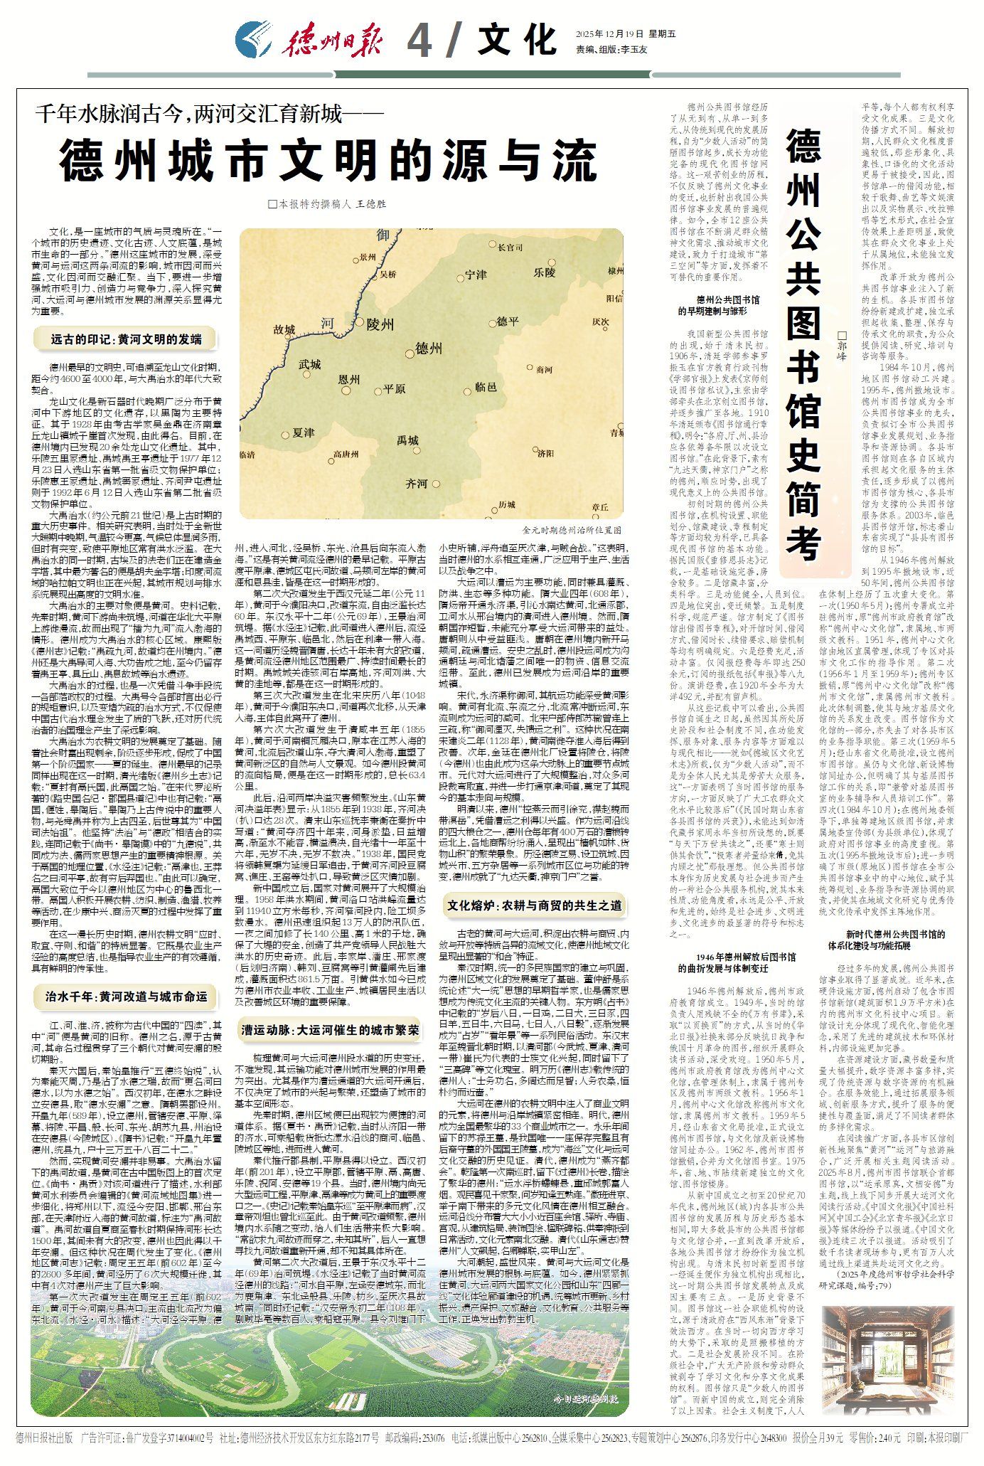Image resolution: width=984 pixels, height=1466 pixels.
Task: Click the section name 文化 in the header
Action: click(x=516, y=39)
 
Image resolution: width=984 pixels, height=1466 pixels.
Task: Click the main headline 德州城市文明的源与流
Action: click(x=328, y=161)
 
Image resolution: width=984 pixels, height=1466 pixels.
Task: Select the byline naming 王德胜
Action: click(x=328, y=203)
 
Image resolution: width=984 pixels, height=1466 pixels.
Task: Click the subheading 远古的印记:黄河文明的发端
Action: click(x=126, y=339)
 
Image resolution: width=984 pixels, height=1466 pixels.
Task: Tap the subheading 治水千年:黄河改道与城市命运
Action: click(x=126, y=997)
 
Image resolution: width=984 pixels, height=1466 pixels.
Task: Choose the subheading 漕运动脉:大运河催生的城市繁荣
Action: click(x=329, y=1031)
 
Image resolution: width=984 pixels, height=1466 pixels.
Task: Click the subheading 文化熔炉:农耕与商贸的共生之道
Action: click(x=534, y=905)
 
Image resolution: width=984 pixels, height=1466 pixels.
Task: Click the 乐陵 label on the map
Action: click(x=544, y=272)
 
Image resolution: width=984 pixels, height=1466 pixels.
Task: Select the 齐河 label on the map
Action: click(x=416, y=484)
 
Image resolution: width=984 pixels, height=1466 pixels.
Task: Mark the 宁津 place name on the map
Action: click(x=475, y=275)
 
